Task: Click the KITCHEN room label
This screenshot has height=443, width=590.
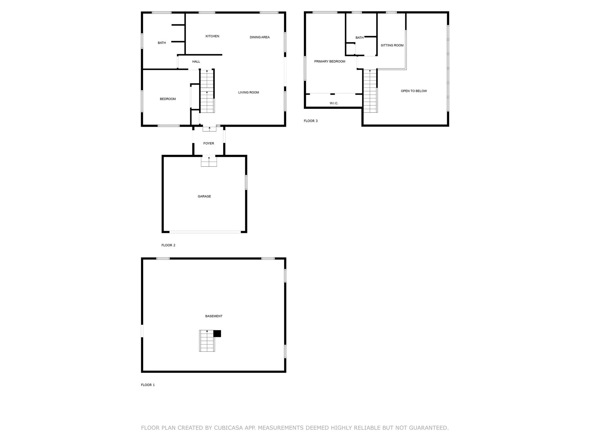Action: [212, 36]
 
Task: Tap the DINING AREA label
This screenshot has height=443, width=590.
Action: [260, 37]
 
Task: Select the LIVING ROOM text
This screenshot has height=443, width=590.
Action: [249, 92]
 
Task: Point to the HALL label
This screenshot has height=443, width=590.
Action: [196, 62]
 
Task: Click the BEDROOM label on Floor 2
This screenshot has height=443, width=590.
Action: [168, 99]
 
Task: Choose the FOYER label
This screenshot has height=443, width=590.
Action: [209, 143]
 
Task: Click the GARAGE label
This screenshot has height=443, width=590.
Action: [204, 196]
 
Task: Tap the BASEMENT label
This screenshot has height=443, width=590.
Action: [214, 316]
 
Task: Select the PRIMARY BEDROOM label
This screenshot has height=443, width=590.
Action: [330, 62]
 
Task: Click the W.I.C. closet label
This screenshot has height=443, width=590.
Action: [334, 103]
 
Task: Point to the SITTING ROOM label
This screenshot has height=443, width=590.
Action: [392, 45]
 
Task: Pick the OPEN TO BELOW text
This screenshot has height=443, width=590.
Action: [414, 91]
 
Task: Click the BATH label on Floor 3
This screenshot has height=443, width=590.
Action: [360, 38]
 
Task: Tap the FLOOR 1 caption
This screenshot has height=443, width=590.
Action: [148, 385]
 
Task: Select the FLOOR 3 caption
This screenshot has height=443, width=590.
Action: [311, 121]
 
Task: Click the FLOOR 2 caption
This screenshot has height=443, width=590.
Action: [168, 245]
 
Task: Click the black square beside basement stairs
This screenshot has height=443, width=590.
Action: [217, 333]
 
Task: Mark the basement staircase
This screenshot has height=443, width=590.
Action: [207, 341]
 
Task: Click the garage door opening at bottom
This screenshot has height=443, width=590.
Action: [205, 232]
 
